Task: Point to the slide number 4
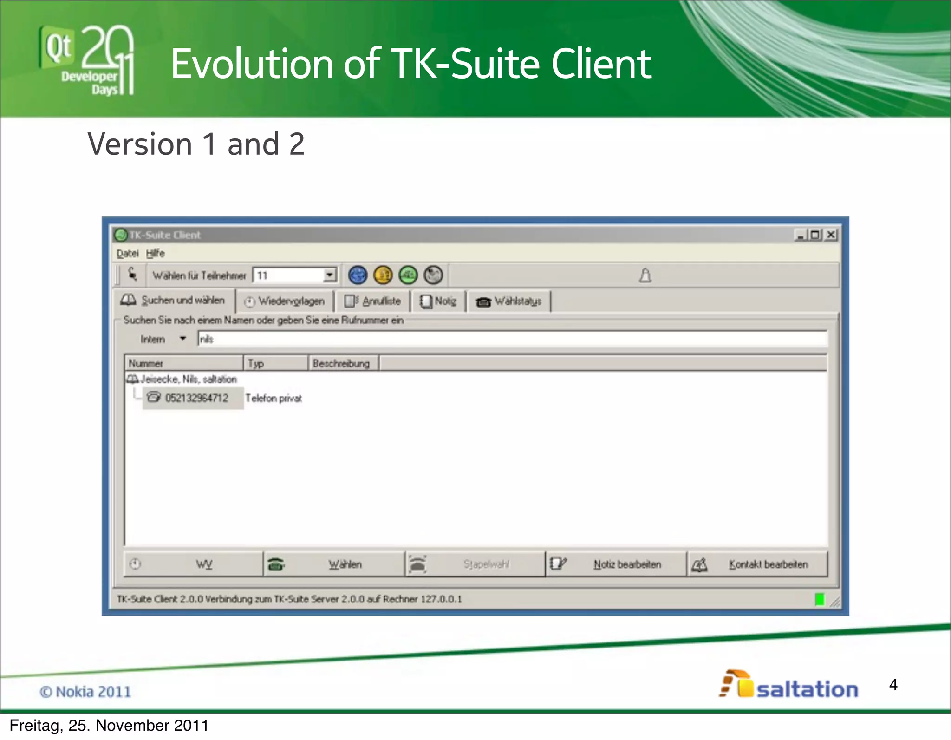coord(893,685)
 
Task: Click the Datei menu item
coord(127,254)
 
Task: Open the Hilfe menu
coord(155,254)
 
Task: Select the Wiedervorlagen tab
coord(284,301)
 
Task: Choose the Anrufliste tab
coord(372,301)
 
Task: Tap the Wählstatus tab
coord(509,301)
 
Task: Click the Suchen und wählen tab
coord(174,301)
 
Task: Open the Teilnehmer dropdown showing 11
coord(329,275)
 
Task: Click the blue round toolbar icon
coord(358,275)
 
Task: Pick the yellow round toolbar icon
coord(383,275)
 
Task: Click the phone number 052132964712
coord(196,398)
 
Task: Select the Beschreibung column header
coord(342,363)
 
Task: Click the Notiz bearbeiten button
coord(616,564)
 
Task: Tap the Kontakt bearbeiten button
coord(757,564)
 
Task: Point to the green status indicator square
coord(820,600)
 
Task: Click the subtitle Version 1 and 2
coord(196,144)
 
